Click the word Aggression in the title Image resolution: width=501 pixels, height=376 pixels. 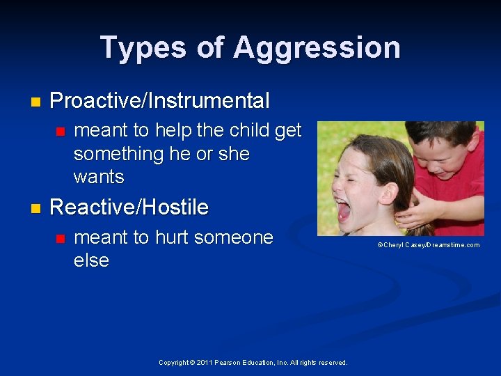(x=317, y=48)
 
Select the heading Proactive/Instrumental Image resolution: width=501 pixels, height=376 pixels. (x=159, y=101)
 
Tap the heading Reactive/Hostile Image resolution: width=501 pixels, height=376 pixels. (x=129, y=207)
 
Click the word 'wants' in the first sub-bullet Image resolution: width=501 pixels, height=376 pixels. (x=99, y=177)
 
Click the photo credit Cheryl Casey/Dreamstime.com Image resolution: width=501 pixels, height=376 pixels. (x=428, y=245)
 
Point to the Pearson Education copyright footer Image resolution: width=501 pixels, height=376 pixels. (x=253, y=362)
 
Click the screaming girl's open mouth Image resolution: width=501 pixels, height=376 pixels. (x=342, y=208)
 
